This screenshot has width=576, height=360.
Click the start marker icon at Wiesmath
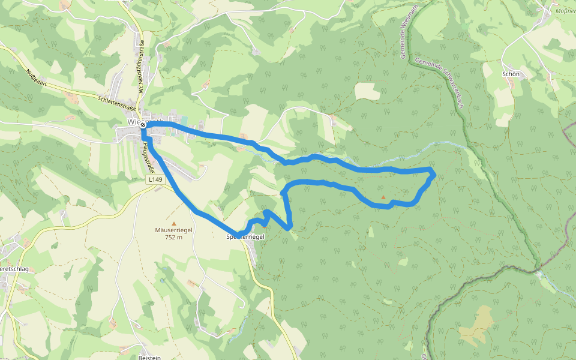point(143,125)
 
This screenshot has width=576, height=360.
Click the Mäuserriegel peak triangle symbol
point(174,223)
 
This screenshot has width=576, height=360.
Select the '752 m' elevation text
point(173,236)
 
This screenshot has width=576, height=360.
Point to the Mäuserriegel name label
point(173,230)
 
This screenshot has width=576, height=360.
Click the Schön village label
point(509,74)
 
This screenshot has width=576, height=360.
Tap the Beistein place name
point(149,357)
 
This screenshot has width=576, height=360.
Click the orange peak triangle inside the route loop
point(383,196)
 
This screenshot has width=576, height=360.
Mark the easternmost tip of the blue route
point(434,174)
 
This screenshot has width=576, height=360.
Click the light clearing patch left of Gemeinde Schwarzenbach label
point(367,91)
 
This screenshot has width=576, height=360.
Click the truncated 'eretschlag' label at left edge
point(14,269)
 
